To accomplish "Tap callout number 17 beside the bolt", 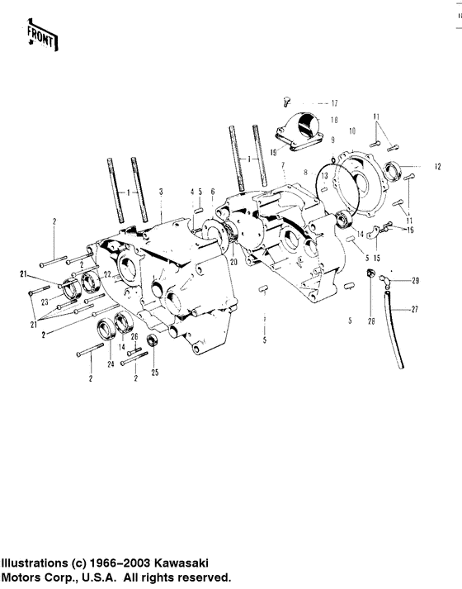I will pyautogui.click(x=334, y=103).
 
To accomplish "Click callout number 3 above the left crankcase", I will pyautogui.click(x=161, y=191).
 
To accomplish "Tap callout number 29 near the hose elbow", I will pyautogui.click(x=415, y=281).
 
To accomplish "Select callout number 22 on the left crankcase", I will pyautogui.click(x=106, y=273).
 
